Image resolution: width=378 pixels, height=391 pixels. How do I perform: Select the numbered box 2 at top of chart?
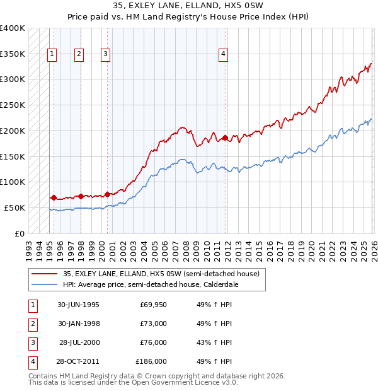click(x=79, y=55)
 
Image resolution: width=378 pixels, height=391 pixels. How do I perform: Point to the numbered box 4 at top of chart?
click(x=223, y=55)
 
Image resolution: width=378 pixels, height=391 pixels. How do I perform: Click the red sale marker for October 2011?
click(x=225, y=137)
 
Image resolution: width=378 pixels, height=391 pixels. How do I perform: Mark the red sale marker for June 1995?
click(x=54, y=197)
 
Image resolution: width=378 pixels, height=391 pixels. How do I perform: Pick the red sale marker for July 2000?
click(x=107, y=194)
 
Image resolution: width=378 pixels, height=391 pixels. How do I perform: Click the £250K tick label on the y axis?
click(x=13, y=105)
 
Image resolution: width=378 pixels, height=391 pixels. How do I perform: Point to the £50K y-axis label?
click(x=14, y=207)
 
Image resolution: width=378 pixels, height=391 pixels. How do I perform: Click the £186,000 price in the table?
click(x=151, y=361)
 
